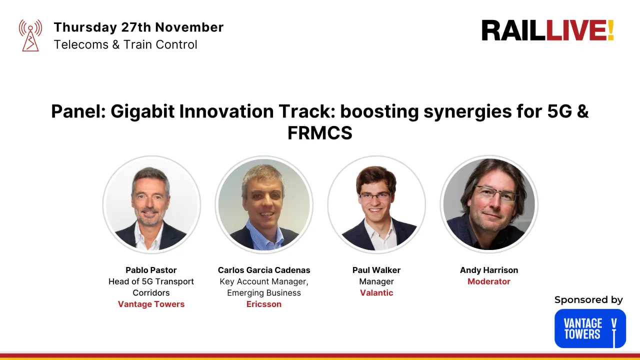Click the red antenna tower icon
click(30, 35)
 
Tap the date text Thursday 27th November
click(138, 27)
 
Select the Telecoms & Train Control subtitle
click(125, 44)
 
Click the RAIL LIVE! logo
click(547, 30)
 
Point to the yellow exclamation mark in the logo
click(610, 30)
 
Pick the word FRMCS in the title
click(320, 133)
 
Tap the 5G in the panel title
click(559, 111)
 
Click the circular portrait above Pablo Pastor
click(151, 204)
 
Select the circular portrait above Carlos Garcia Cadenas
click(264, 204)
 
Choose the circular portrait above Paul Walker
click(376, 204)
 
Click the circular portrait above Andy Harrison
click(489, 204)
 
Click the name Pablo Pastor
click(151, 270)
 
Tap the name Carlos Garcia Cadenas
click(264, 270)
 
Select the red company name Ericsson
click(264, 304)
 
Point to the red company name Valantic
click(376, 292)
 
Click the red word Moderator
click(489, 281)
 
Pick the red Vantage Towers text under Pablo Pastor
click(151, 304)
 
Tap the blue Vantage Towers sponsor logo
click(590, 328)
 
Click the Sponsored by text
click(588, 300)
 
